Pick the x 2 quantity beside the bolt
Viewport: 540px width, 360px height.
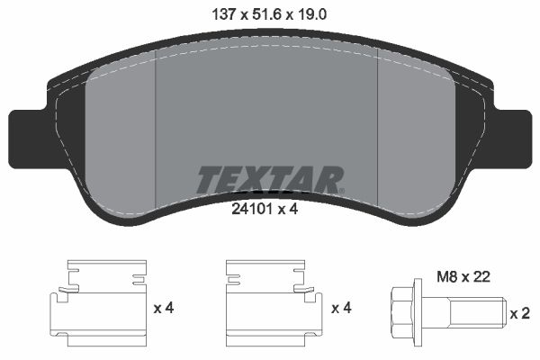point(519,314)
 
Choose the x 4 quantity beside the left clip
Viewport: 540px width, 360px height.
point(163,309)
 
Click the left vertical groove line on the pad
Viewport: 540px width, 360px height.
point(157,126)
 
